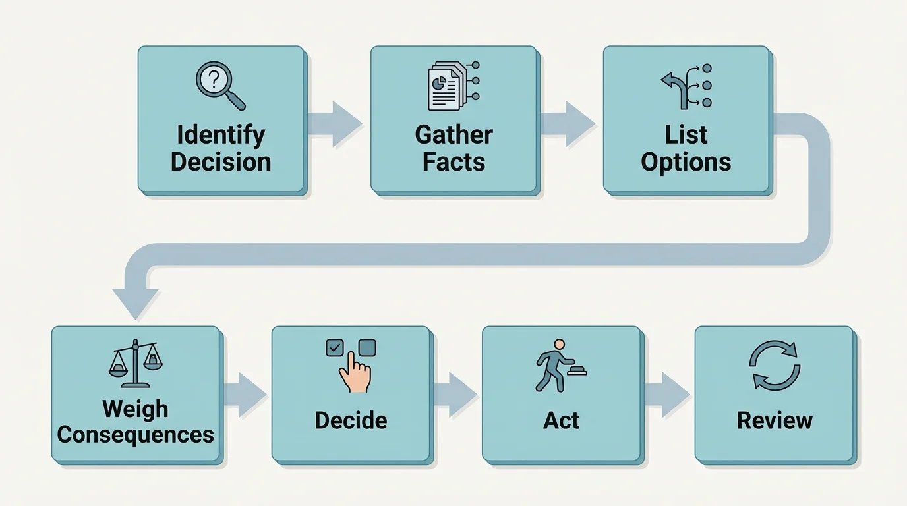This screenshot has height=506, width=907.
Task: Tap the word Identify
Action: [221, 134]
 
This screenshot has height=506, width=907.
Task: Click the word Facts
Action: [453, 162]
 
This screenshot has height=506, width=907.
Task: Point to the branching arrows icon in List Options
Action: [686, 86]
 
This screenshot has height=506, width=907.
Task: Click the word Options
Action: [686, 162]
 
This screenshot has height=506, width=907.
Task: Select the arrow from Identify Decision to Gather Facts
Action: [336, 123]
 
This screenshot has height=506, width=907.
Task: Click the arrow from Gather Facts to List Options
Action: [568, 123]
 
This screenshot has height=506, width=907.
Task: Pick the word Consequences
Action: [135, 435]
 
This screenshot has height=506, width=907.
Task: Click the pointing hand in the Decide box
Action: [355, 373]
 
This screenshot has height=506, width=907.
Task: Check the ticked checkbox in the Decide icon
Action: [335, 348]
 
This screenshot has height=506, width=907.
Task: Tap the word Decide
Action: [351, 420]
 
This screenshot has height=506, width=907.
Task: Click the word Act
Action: [561, 420]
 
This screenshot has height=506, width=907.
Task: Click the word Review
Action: [775, 420]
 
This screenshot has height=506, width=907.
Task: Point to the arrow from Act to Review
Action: [667, 395]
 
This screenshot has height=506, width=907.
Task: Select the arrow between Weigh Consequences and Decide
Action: [245, 395]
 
